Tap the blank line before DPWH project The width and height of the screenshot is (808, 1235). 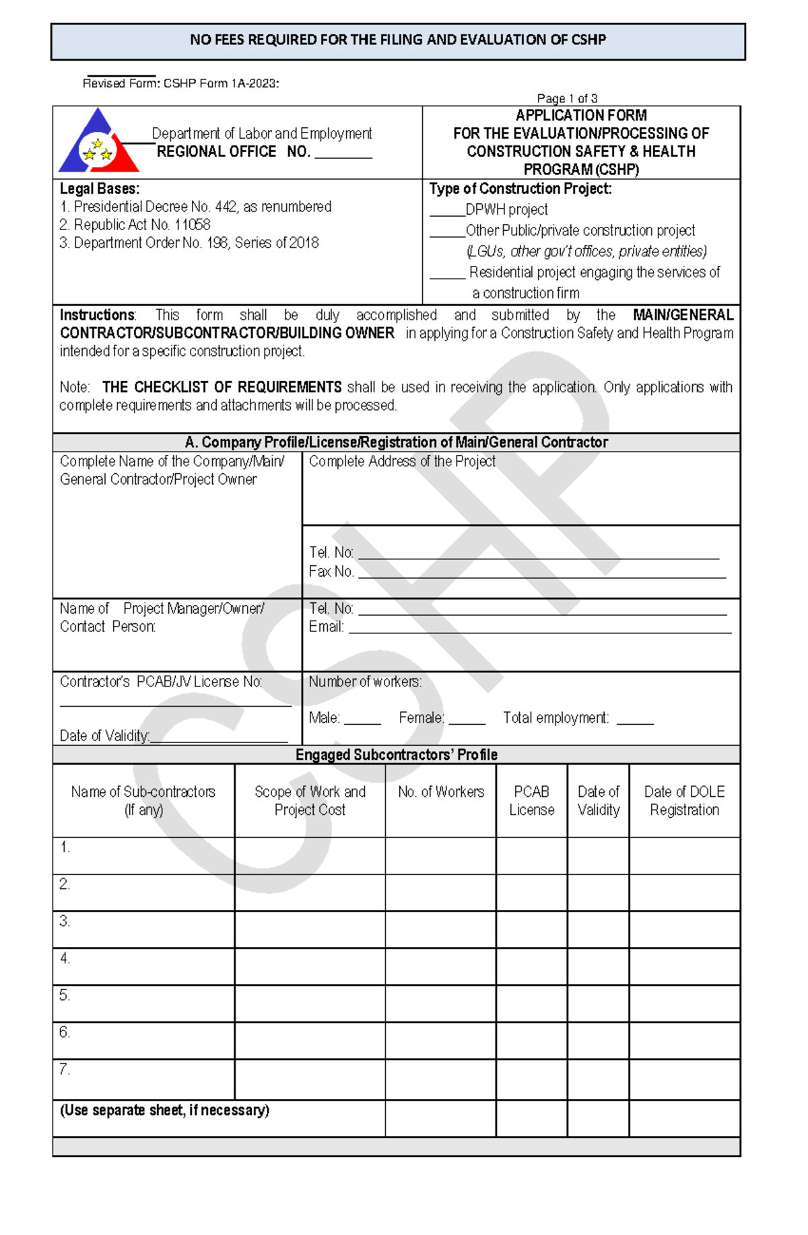447,214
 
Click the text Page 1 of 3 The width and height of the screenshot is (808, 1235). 567,98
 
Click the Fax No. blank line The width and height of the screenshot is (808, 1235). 542,575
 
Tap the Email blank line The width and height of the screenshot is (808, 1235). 539,631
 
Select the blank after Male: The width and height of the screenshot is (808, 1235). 363,722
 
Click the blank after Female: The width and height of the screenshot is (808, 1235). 467,722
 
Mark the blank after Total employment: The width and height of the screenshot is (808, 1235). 635,722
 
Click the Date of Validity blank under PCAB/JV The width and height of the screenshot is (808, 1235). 220,740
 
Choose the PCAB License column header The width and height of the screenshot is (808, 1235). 531,801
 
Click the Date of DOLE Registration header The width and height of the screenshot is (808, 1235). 684,801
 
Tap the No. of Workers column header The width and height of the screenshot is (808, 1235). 441,792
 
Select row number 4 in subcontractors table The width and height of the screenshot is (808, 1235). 65,958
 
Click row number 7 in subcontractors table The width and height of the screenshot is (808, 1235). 65,1069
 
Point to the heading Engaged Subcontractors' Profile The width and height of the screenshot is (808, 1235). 396,755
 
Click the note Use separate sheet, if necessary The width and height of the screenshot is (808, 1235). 164,1110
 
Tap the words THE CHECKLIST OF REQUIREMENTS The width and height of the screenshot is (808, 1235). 222,388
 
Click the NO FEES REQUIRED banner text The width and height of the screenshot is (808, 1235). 398,40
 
